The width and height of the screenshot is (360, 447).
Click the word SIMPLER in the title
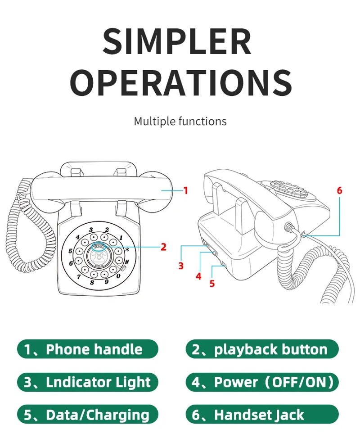(177, 41)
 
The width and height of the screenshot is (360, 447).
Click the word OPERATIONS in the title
(180, 82)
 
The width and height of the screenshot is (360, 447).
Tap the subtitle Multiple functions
(180, 121)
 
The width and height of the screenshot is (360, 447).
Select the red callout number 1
(185, 191)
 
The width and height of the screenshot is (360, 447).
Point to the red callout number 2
(163, 247)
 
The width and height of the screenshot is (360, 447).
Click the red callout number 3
(181, 266)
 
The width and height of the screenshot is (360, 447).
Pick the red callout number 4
(198, 276)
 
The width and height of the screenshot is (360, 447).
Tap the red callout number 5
(212, 284)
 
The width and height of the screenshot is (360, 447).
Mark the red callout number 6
(339, 190)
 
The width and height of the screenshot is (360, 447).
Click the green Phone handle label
(88, 349)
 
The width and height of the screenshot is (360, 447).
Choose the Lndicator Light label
(88, 382)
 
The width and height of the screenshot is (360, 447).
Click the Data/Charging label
(88, 415)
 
